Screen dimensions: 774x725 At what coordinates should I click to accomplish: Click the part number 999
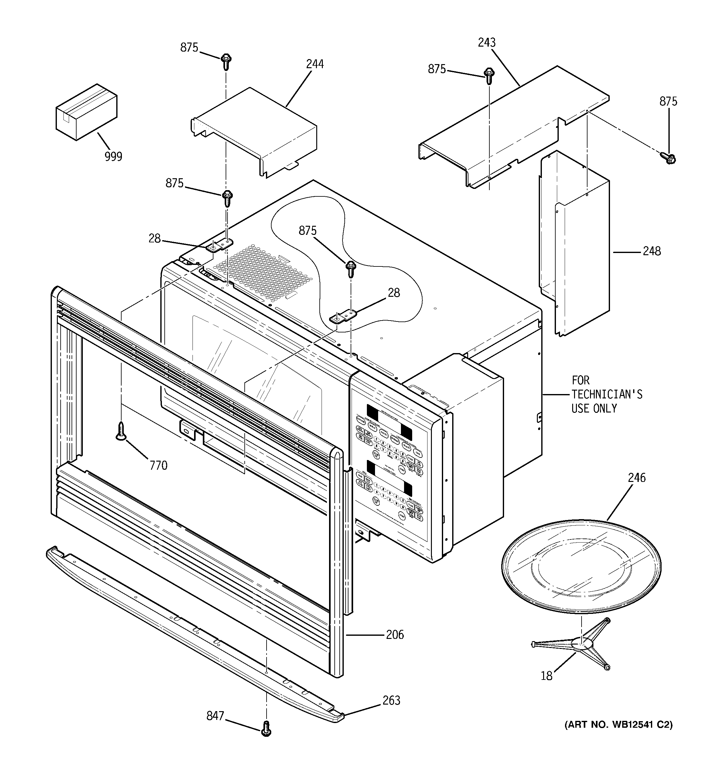pos(113,156)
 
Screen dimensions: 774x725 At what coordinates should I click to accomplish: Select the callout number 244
pos(315,64)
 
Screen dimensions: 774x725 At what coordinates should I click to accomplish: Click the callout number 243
pos(487,43)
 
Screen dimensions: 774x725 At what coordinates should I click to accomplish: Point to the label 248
pos(652,251)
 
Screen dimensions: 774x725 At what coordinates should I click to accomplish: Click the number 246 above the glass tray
pos(637,478)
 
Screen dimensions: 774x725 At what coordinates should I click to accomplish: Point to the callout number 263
pos(391,701)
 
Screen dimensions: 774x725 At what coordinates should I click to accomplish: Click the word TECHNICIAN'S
pos(607,394)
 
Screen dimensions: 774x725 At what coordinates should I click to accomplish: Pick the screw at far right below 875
pos(668,157)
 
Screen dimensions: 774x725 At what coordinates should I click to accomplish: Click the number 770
pos(158,465)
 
